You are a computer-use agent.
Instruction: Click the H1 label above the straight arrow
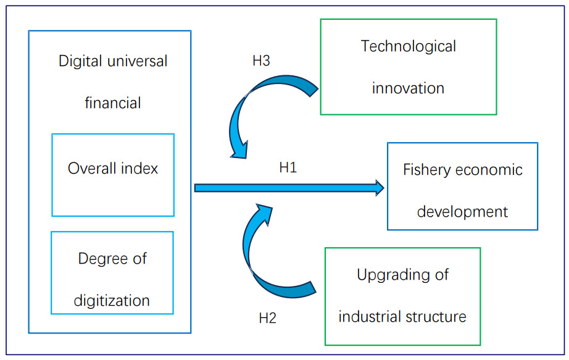pyautogui.click(x=288, y=167)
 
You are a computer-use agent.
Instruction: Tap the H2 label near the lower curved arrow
pyautogui.click(x=267, y=319)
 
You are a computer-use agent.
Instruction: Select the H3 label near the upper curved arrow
pyautogui.click(x=261, y=61)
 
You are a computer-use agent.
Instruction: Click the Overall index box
pyautogui.click(x=113, y=175)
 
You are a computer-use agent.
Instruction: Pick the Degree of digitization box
pyautogui.click(x=112, y=272)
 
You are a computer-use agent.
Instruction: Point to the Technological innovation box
pyautogui.click(x=408, y=67)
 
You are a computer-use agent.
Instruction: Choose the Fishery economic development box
pyautogui.click(x=462, y=186)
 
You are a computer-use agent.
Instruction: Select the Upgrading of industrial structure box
pyautogui.click(x=402, y=296)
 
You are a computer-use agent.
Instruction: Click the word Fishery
pyautogui.click(x=425, y=170)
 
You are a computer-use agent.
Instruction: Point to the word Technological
pyautogui.click(x=409, y=46)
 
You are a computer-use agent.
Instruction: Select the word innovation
pyautogui.click(x=408, y=88)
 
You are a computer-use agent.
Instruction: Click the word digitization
pyautogui.click(x=112, y=301)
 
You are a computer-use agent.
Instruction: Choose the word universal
pyautogui.click(x=136, y=61)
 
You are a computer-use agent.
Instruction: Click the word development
pyautogui.click(x=462, y=212)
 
